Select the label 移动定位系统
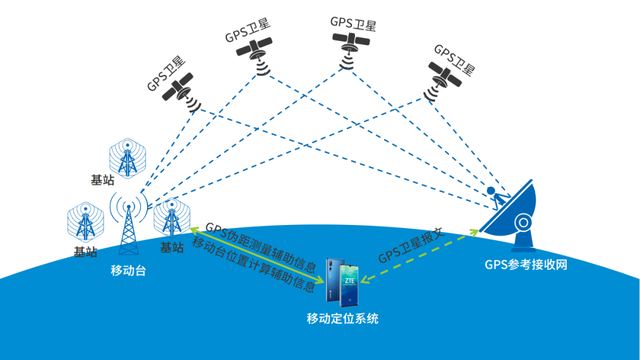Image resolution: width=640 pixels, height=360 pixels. click(343, 318)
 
